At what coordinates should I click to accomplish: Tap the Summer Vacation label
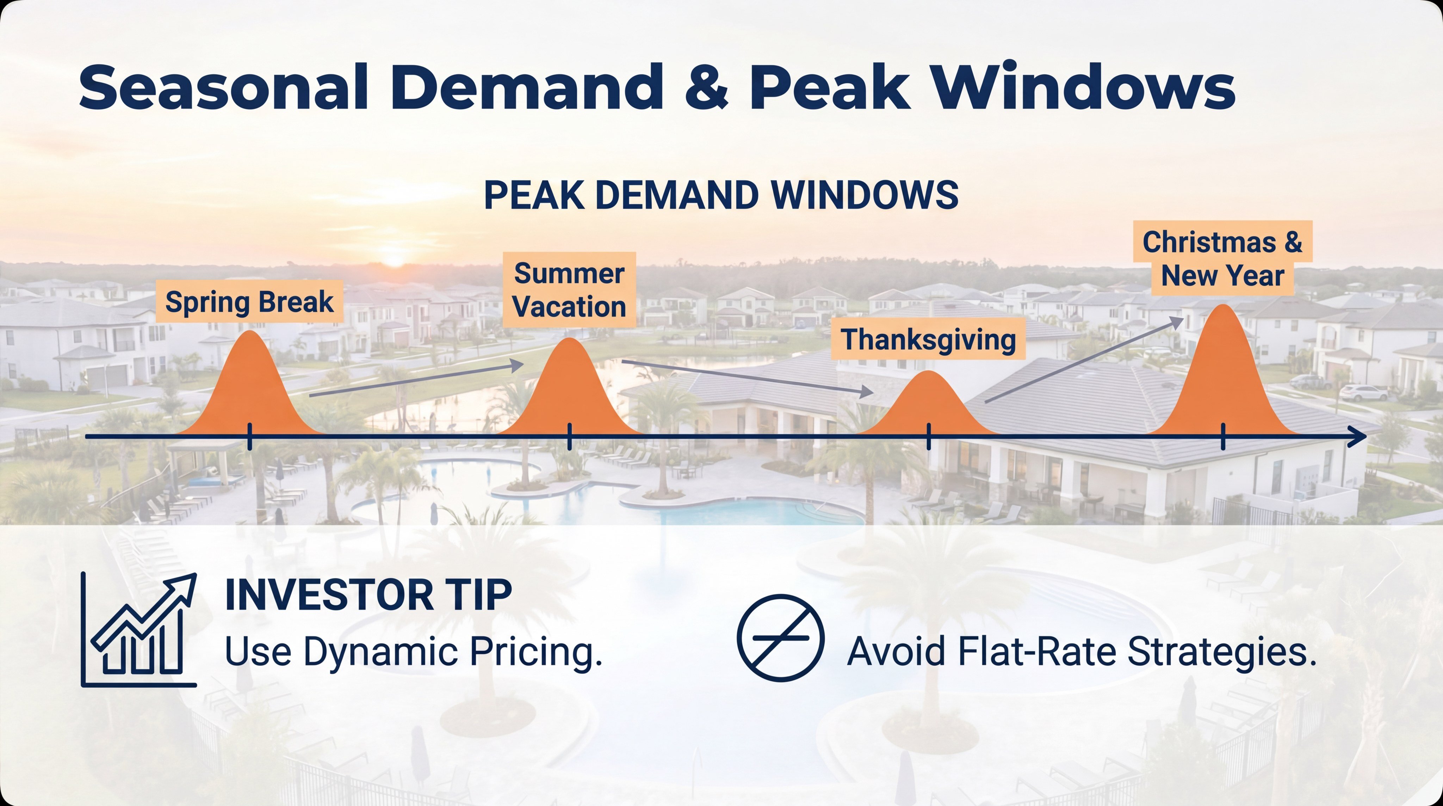pyautogui.click(x=569, y=290)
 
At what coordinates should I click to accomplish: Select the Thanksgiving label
pyautogui.click(x=928, y=339)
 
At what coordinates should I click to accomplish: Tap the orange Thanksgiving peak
pyautogui.click(x=928, y=407)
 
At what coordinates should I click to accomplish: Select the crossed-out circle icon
pyautogui.click(x=780, y=638)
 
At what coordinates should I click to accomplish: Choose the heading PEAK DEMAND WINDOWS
pyautogui.click(x=721, y=195)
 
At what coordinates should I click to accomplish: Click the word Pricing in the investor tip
pyautogui.click(x=535, y=652)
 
